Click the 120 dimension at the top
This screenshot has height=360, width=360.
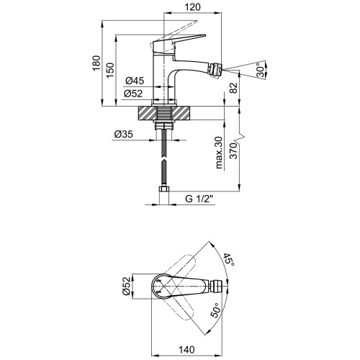click(192, 7)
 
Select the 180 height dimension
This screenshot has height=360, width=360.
click(96, 63)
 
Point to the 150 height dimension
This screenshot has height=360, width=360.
click(110, 70)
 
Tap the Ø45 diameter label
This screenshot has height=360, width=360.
click(135, 81)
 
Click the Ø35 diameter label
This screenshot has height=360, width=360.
click(124, 134)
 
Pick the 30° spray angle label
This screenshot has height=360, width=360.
click(261, 70)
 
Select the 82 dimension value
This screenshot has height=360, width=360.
click(234, 88)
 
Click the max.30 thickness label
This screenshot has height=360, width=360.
click(219, 153)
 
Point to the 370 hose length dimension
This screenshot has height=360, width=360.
click(233, 151)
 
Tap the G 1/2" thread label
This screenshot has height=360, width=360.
click(199, 199)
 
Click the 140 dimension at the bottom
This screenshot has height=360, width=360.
click(186, 350)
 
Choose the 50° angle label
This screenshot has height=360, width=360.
click(215, 310)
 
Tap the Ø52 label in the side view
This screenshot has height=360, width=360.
click(133, 94)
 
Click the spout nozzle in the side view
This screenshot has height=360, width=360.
click(216, 70)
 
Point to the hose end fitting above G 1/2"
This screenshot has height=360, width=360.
click(164, 191)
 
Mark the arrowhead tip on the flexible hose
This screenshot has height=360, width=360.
click(164, 158)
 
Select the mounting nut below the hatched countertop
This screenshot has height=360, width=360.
click(164, 126)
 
